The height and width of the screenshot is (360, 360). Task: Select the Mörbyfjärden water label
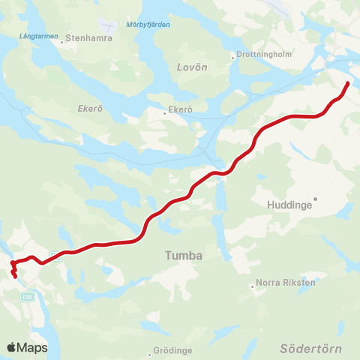148,24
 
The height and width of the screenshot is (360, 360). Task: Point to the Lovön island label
191,67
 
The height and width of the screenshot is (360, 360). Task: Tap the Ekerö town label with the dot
181,110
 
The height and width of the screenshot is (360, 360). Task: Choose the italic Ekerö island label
89,108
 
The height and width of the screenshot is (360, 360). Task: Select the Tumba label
184,256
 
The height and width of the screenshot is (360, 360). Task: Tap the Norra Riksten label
286,283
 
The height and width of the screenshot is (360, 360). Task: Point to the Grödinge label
172,350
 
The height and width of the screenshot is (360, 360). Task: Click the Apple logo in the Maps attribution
11,347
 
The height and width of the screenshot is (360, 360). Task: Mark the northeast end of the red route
348,82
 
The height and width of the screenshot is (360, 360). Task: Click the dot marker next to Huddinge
316,199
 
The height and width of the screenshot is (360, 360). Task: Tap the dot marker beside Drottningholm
232,55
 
